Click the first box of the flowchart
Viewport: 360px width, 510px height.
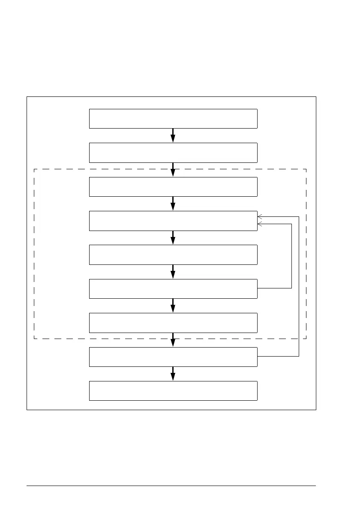pyautogui.click(x=173, y=119)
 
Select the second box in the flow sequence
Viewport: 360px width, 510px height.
pyautogui.click(x=173, y=153)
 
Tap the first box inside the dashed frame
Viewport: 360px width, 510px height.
pyautogui.click(x=173, y=186)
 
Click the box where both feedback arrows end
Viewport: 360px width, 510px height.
pyautogui.click(x=173, y=221)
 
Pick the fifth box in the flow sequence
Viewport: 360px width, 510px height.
pyautogui.click(x=173, y=255)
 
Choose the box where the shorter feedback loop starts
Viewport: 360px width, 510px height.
pyautogui.click(x=173, y=288)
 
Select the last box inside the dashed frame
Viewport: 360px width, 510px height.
pyautogui.click(x=173, y=323)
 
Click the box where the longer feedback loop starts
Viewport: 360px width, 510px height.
pyautogui.click(x=173, y=357)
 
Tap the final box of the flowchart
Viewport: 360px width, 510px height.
pyautogui.click(x=173, y=390)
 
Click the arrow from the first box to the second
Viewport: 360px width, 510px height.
pyautogui.click(x=173, y=135)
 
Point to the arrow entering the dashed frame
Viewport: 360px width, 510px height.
pyautogui.click(x=173, y=170)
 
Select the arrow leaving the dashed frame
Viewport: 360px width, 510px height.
pyautogui.click(x=173, y=340)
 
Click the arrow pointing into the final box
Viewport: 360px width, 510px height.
pyautogui.click(x=173, y=374)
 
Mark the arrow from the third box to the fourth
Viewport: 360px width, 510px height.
pyautogui.click(x=173, y=204)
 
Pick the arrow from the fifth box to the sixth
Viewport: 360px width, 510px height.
pyautogui.click(x=173, y=272)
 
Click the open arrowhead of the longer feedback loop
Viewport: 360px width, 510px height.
pyautogui.click(x=260, y=217)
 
